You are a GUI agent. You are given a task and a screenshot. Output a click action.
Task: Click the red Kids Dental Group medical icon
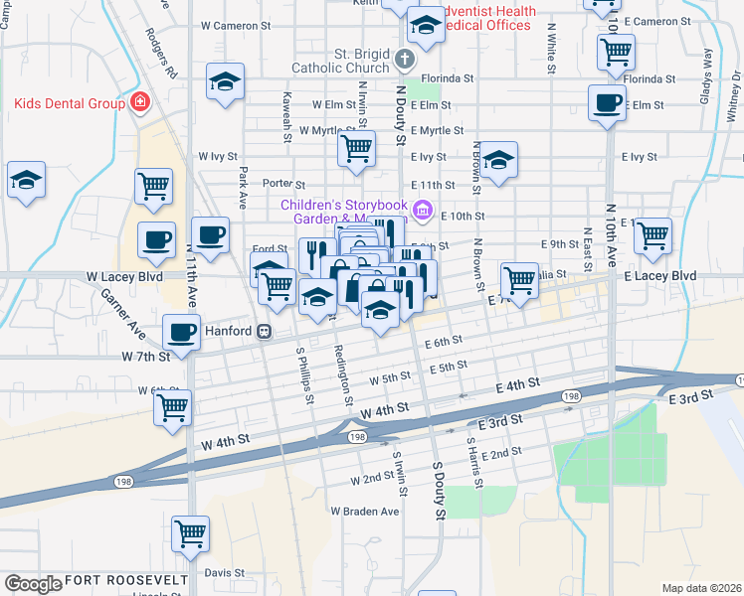(x=140, y=102)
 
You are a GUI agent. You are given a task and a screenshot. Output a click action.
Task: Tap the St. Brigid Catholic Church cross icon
(x=403, y=59)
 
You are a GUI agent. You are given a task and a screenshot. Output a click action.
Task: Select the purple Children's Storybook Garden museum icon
(x=422, y=210)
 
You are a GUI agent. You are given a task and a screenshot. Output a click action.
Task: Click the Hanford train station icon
(x=264, y=331)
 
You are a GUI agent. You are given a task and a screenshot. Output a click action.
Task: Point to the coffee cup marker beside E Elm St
(x=606, y=101)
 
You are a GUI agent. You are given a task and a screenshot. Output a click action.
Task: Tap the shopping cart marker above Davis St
(x=190, y=533)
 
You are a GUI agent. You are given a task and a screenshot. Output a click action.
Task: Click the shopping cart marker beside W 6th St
(x=173, y=405)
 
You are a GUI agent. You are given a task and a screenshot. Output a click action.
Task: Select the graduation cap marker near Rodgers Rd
(x=226, y=81)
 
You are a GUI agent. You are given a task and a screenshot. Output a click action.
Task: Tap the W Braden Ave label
(x=364, y=512)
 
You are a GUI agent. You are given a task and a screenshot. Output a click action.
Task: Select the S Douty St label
(x=436, y=490)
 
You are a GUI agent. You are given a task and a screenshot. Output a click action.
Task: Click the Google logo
(x=32, y=584)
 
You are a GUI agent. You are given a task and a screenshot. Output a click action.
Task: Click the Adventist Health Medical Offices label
(x=487, y=18)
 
